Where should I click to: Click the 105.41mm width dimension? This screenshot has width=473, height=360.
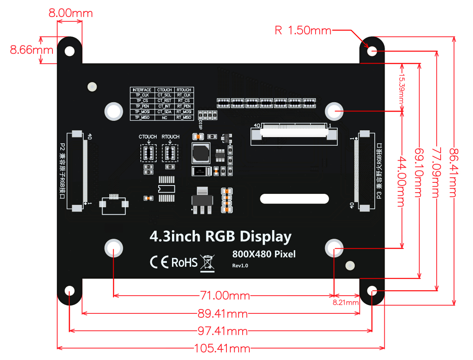[x=222, y=349]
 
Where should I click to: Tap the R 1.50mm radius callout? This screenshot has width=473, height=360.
[x=303, y=30]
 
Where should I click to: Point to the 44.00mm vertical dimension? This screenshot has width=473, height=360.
[x=401, y=181]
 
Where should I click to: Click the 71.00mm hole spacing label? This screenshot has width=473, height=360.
[x=223, y=295]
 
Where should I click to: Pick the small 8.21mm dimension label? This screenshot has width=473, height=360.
[x=346, y=303]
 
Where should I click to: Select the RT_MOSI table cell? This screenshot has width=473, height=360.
[x=184, y=112]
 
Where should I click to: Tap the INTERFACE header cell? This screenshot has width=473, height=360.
[x=142, y=90]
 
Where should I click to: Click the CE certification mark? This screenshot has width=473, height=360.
[x=159, y=262]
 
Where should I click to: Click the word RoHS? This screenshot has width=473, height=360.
[x=184, y=262]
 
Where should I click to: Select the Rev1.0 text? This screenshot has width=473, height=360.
[x=240, y=266]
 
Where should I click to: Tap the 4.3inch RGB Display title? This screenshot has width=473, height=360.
[x=221, y=237]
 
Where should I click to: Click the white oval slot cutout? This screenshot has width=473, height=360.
[x=294, y=199]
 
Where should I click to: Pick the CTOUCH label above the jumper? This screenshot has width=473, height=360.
[x=148, y=137]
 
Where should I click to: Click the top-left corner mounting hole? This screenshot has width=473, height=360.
[x=70, y=51]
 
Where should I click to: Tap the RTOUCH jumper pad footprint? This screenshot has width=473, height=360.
[x=170, y=153]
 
